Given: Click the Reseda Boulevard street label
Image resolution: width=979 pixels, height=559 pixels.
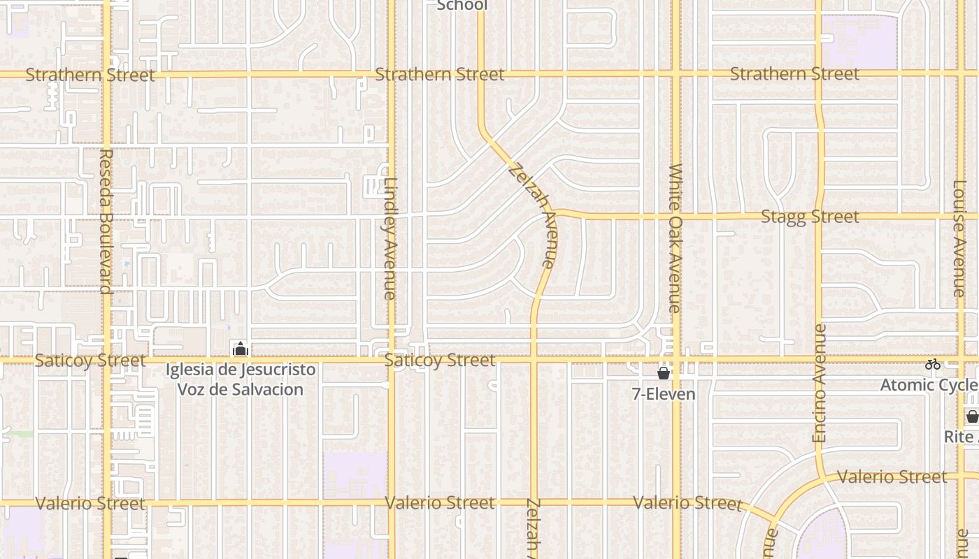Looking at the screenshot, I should click(x=106, y=221).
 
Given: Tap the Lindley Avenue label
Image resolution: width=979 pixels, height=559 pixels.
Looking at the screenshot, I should click(x=390, y=238).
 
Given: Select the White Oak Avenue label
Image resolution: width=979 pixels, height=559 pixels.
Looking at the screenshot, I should click(x=675, y=238).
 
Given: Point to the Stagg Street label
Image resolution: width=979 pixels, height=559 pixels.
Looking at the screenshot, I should click(x=810, y=217).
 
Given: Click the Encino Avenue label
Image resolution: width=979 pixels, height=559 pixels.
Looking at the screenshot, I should click(x=820, y=383).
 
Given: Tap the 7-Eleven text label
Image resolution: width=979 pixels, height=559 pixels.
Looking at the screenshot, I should click(x=664, y=394).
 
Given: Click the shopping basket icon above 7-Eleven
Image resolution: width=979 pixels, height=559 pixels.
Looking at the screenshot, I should click(x=664, y=374).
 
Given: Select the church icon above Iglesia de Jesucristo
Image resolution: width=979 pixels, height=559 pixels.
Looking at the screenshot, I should click(x=241, y=349).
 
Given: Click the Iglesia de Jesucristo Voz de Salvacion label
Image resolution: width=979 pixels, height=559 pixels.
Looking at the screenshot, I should click(x=241, y=379).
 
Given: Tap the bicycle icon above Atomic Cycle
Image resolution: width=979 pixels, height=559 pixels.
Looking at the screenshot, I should click(x=932, y=364).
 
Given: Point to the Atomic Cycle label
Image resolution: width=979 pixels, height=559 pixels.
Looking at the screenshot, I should click(x=929, y=385).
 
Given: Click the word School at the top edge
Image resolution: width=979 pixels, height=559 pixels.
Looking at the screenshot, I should click(x=462, y=6).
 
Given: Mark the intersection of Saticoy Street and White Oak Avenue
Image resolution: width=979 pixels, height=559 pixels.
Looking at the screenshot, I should click(x=676, y=360).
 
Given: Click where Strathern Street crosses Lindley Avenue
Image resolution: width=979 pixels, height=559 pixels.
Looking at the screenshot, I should click(x=391, y=73).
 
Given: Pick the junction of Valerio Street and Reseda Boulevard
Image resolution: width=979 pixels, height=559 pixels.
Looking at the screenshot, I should click(x=107, y=502).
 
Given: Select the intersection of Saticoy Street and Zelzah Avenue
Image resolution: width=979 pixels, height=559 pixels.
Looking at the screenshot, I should click(x=534, y=360).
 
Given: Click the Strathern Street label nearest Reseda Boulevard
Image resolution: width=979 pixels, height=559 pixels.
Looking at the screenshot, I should click(x=90, y=75).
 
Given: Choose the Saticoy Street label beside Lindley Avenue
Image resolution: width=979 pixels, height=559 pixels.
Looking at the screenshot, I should click(x=440, y=361).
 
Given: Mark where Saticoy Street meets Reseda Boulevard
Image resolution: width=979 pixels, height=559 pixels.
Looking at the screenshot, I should click(x=107, y=360).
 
